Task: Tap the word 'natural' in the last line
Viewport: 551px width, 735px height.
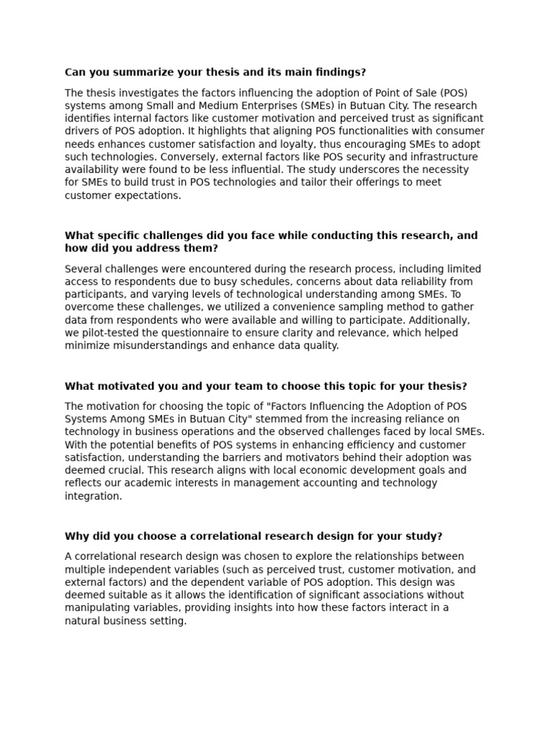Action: (83, 622)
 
